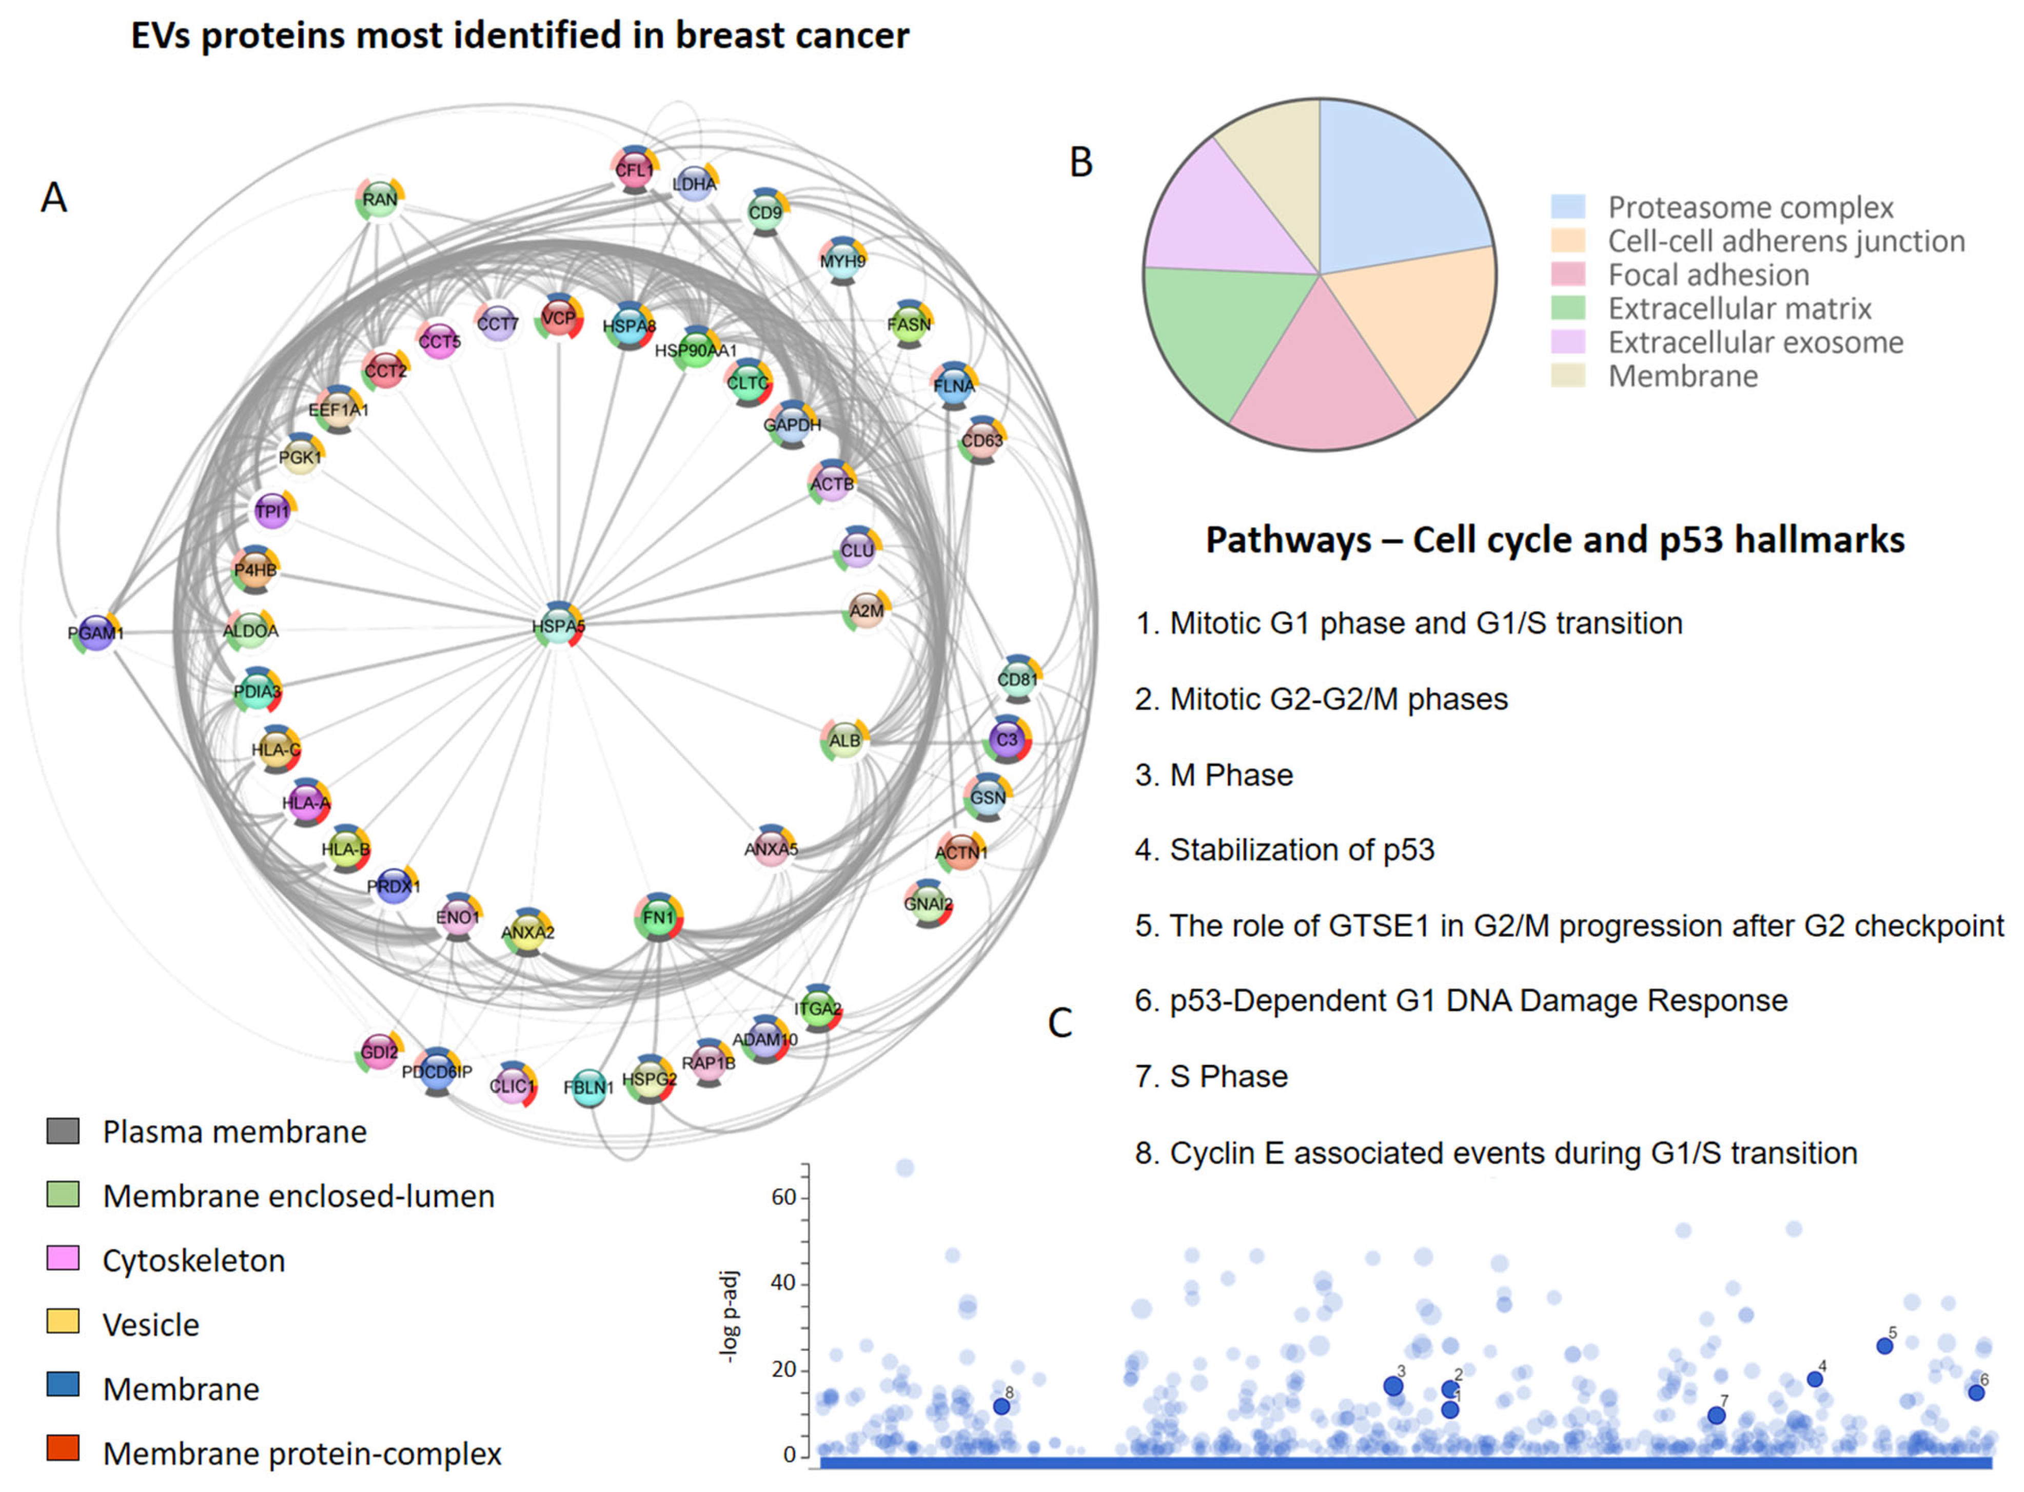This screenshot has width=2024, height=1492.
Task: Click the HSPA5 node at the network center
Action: pyautogui.click(x=558, y=625)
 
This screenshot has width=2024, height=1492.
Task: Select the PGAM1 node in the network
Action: pyautogui.click(x=96, y=632)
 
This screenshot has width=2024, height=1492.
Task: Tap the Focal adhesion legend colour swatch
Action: pyautogui.click(x=1568, y=275)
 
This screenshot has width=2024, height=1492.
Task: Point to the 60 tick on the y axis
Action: pyautogui.click(x=783, y=1197)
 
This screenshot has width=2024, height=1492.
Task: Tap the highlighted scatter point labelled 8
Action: pyautogui.click(x=1001, y=1406)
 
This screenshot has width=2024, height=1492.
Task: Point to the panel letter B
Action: pyautogui.click(x=1080, y=163)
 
